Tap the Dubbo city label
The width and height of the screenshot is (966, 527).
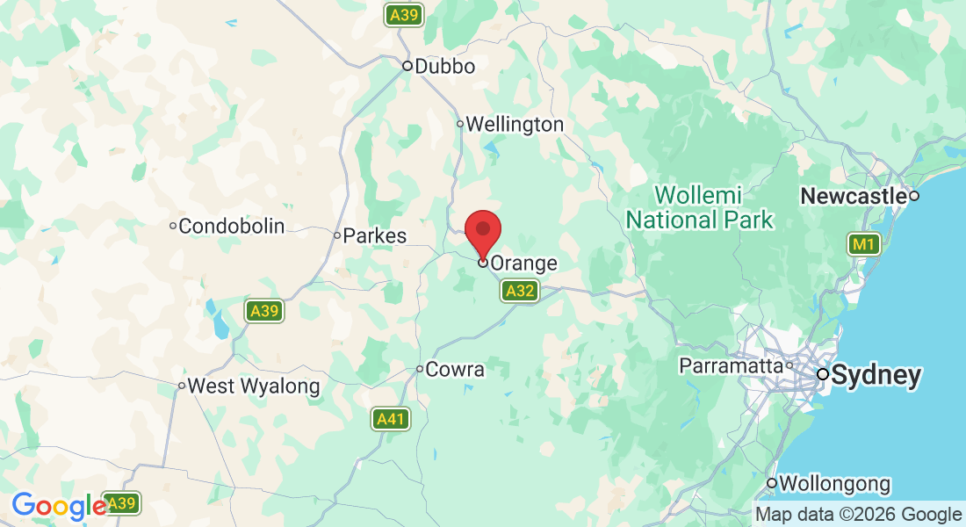point(444,67)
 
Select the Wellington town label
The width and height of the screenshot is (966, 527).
point(515,125)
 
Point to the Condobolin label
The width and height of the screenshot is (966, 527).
point(231,227)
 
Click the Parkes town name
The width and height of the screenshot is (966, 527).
point(375,236)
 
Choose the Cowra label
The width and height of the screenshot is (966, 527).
point(454,370)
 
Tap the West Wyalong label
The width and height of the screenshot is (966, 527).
point(254,386)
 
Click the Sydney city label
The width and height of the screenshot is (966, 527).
point(876,376)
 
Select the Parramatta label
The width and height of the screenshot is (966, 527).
point(731,365)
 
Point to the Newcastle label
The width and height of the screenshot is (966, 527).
point(853,197)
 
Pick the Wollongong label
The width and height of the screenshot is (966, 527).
point(834,484)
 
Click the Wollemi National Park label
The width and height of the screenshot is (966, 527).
point(699,207)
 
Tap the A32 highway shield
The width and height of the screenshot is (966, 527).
point(520,291)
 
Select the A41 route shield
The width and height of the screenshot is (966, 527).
point(390,419)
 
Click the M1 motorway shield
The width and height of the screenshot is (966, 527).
point(864,244)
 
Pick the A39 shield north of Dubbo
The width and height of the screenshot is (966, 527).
point(404,15)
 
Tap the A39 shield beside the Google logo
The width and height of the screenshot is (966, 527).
point(121,503)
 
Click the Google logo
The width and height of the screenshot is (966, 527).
point(58,506)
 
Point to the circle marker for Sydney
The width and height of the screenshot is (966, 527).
point(823,374)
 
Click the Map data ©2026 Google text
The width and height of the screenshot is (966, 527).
point(859,515)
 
